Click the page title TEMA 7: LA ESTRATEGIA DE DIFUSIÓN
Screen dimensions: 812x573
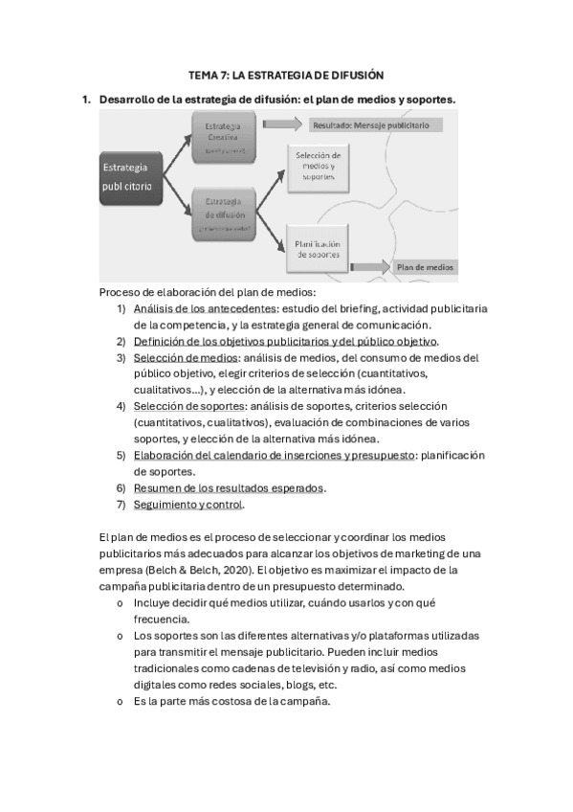pyautogui.click(x=286, y=75)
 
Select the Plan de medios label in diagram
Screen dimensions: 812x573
pyautogui.click(x=426, y=267)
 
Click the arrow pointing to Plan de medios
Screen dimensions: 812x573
pyautogui.click(x=367, y=267)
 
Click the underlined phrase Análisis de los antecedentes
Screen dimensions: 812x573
pyautogui.click(x=205, y=308)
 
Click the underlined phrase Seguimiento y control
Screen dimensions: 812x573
pyautogui.click(x=188, y=505)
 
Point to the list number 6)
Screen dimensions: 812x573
pyautogui.click(x=121, y=488)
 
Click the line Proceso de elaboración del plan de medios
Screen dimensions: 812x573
pyautogui.click(x=207, y=292)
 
